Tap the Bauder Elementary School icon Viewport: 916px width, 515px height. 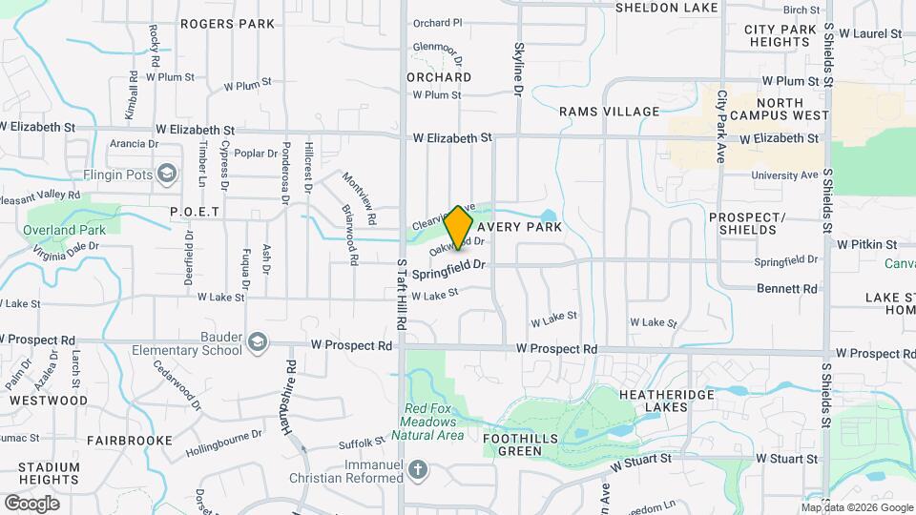257,341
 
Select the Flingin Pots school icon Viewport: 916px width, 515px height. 168,173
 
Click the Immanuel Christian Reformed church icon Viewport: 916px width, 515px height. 417,469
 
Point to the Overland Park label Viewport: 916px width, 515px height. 65,230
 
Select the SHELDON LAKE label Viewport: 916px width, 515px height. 667,8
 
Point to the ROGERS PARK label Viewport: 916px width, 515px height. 226,24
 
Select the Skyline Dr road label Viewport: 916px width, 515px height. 519,68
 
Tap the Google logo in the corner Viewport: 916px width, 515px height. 31,503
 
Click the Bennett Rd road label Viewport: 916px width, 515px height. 787,288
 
